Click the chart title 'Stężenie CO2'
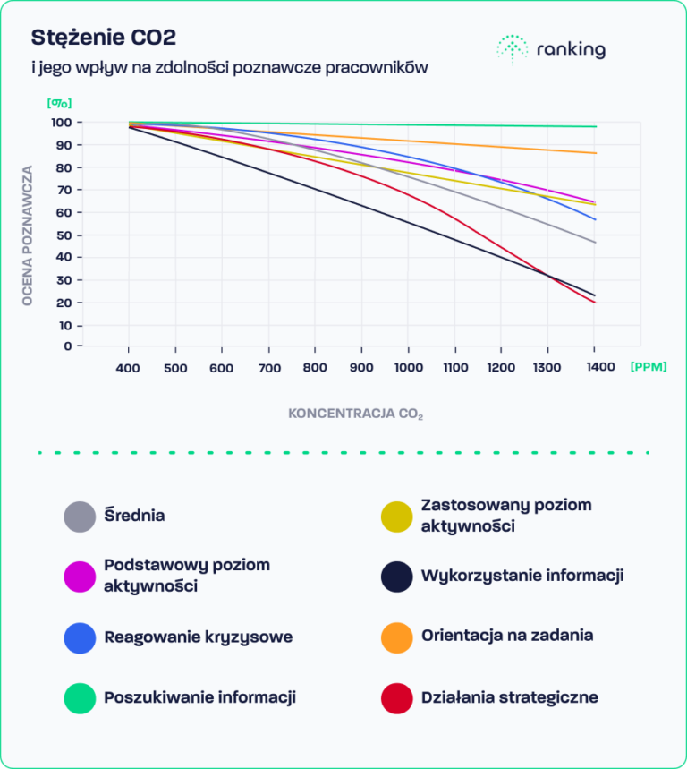pos(104,38)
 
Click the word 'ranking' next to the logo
pos(571,50)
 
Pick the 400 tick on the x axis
pos(129,368)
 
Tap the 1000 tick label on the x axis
pos(408,368)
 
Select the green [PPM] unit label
pos(649,367)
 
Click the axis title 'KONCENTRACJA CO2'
pos(356,414)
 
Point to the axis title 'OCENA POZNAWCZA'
pos(28,235)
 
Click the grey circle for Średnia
pos(80,517)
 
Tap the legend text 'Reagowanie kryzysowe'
pos(198,637)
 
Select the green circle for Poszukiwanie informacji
pos(80,697)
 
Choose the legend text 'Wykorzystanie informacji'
pos(522,576)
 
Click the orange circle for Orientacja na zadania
pos(396,637)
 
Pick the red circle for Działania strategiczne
pos(396,697)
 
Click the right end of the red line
pos(595,303)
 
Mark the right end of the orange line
pos(595,153)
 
